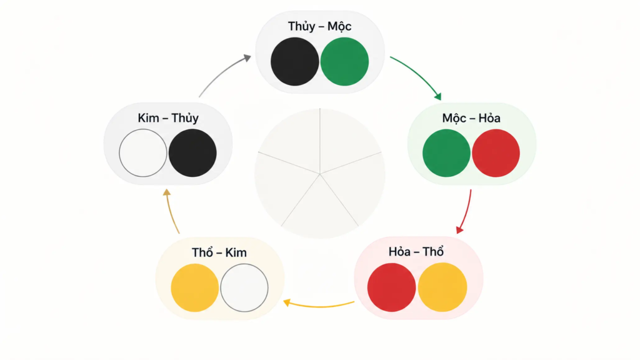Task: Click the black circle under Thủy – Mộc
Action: pos(295,62)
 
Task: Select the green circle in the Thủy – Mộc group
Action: pos(344,62)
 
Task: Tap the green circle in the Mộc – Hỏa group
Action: pos(446,153)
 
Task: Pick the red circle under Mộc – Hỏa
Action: pos(496,153)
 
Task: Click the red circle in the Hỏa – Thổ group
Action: pos(391,287)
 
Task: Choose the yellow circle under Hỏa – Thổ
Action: pos(442,287)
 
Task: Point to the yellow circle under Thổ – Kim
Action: pos(195,287)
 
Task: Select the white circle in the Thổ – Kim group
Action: pos(244,287)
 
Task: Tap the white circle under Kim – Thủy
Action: pos(143,153)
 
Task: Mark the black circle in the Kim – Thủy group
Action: pos(192,153)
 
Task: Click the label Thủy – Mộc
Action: pos(319,26)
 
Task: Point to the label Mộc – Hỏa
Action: pos(471,118)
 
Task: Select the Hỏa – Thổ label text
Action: pos(416,252)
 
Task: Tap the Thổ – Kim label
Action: pos(219,252)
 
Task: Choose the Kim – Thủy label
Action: pos(168,118)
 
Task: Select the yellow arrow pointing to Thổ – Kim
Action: pos(318,306)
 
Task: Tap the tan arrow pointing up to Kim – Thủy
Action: pos(171,211)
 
